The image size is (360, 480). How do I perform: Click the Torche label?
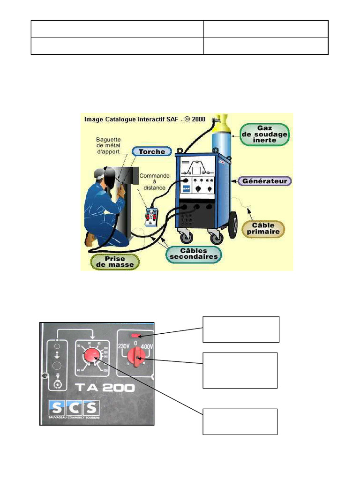click(x=152, y=151)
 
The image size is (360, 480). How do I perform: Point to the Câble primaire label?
click(x=263, y=228)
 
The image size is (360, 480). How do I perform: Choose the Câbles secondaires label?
click(x=194, y=253)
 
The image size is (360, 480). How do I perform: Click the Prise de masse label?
click(x=115, y=262)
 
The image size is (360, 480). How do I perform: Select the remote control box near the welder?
click(x=151, y=217)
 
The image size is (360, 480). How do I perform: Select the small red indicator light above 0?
click(x=135, y=336)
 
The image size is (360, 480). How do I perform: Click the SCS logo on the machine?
click(x=75, y=406)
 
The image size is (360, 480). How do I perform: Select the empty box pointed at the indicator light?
click(x=241, y=329)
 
